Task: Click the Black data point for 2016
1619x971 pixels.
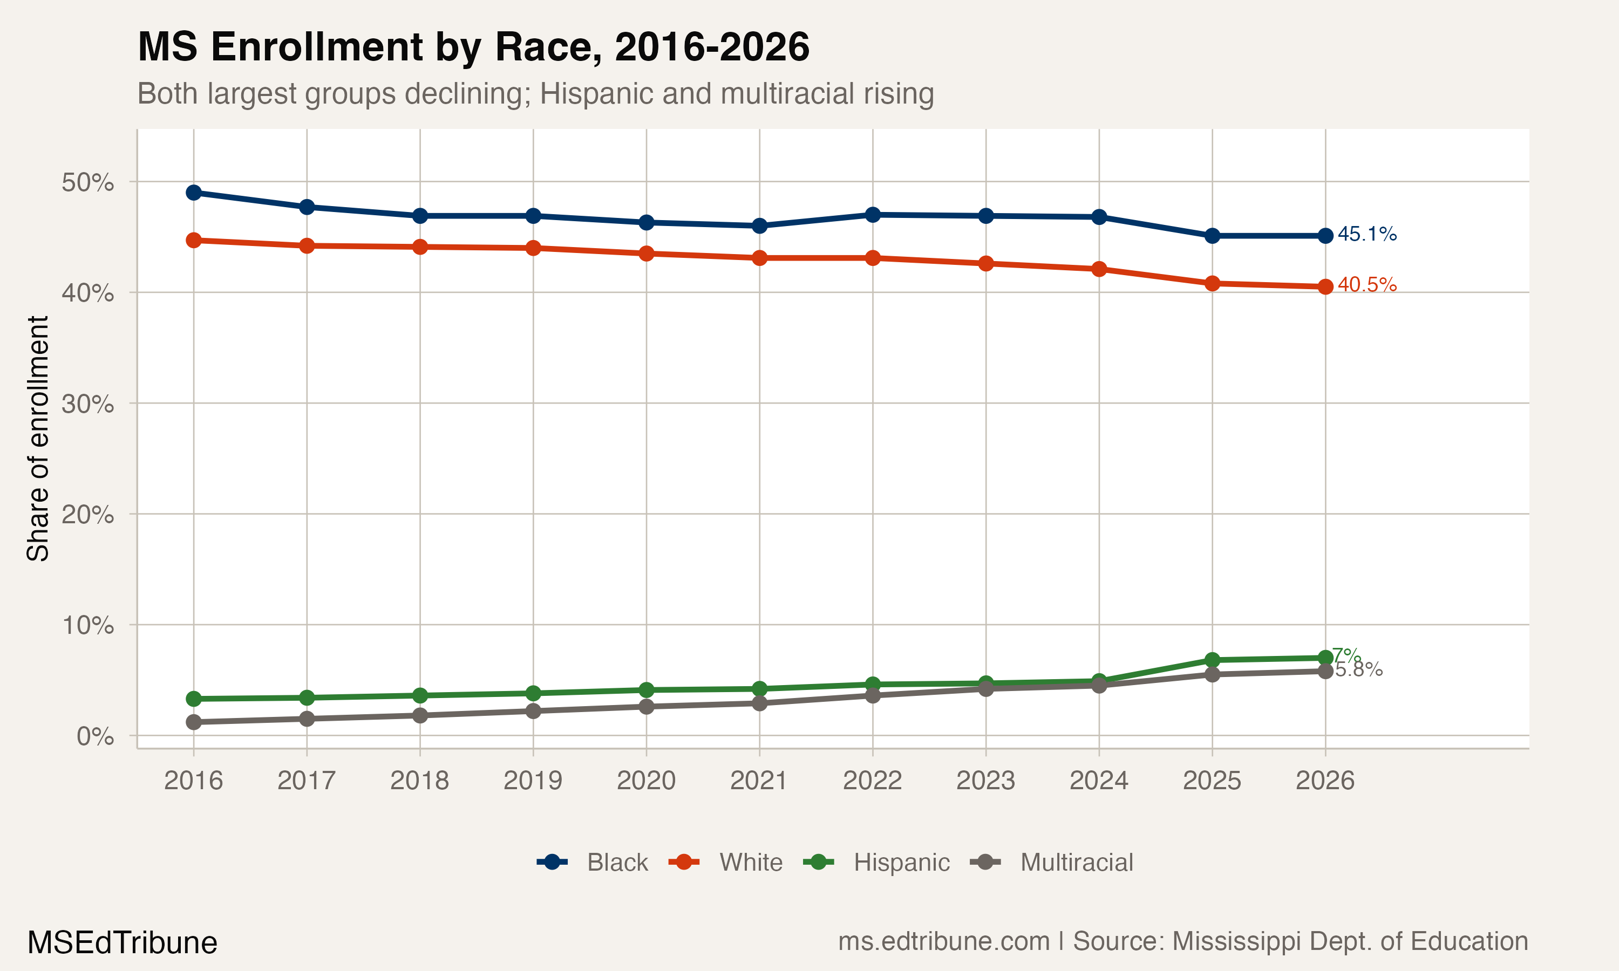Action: click(x=194, y=193)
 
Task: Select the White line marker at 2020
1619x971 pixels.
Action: click(x=647, y=253)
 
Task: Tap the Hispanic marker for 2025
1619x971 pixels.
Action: click(x=1212, y=660)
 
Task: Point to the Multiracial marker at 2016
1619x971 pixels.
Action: click(x=194, y=722)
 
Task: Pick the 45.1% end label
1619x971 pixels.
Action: click(x=1366, y=234)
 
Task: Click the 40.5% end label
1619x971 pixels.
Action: click(x=1366, y=285)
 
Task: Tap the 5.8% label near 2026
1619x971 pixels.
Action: click(x=1360, y=670)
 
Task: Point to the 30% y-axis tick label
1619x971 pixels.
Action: click(x=87, y=404)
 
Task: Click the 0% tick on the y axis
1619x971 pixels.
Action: click(x=95, y=736)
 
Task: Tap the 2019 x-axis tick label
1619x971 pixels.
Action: click(x=533, y=781)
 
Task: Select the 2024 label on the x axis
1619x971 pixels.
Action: click(x=1099, y=781)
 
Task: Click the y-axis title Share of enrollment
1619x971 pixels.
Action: click(x=38, y=439)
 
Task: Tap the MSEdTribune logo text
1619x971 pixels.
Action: click(x=123, y=943)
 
